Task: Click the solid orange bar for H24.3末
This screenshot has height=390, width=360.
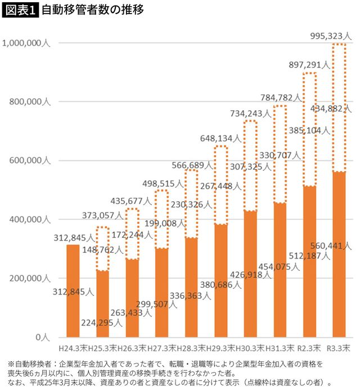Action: coord(73,291)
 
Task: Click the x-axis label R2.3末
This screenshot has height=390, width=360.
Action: coord(309,348)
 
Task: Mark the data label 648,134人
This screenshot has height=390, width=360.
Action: coord(220,138)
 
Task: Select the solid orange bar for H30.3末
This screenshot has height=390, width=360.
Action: coord(250,274)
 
